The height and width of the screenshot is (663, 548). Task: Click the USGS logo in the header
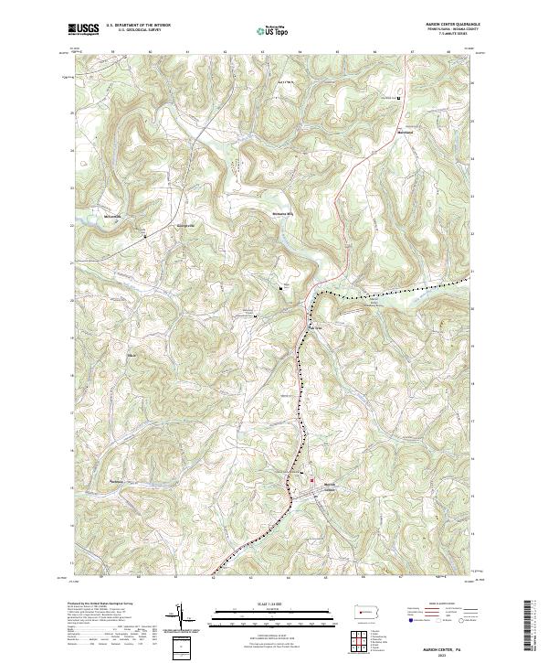pyautogui.click(x=83, y=30)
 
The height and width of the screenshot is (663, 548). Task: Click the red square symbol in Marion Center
pyautogui.click(x=311, y=481)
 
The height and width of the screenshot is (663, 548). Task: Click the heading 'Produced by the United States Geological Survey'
pyautogui.click(x=100, y=604)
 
